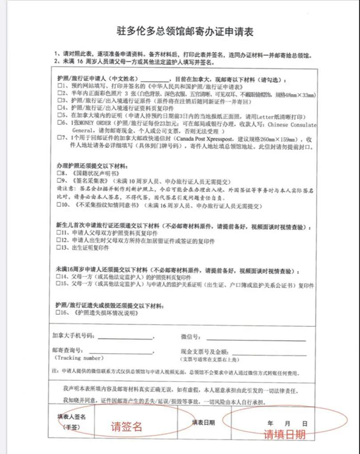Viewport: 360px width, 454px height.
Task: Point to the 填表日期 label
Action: click(x=204, y=422)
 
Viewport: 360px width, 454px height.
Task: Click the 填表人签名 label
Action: click(x=71, y=416)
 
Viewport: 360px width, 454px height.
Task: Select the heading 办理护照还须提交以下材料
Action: click(x=90, y=164)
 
